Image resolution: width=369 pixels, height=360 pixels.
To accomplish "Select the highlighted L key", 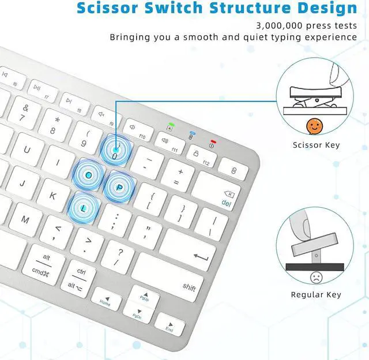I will (84, 207).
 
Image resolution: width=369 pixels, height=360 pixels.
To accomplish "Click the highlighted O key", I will (88, 174).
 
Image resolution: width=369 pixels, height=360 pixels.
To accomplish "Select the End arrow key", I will (170, 327).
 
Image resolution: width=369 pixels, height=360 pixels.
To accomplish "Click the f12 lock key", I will (202, 156).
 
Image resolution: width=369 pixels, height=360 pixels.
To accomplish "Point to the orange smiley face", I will (313, 125).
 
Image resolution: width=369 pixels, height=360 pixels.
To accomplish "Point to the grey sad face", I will (316, 277).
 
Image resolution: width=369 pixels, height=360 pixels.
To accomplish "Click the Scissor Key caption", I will (316, 145).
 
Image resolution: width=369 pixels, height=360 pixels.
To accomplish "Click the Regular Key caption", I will (316, 295).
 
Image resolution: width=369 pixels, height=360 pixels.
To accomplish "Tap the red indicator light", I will (213, 141).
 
